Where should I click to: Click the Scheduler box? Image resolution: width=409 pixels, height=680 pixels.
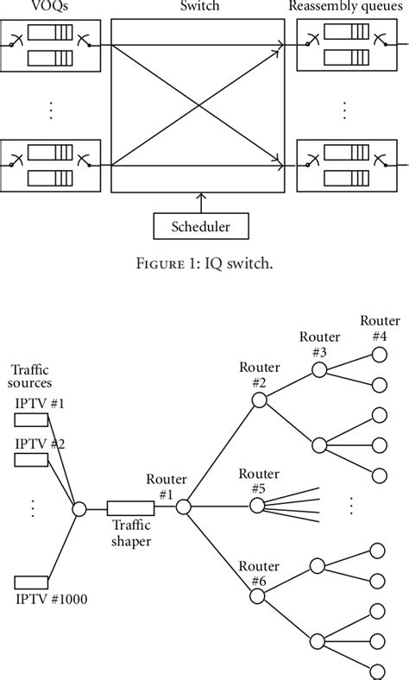tap(200, 226)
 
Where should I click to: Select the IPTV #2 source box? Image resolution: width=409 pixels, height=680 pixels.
tap(31, 459)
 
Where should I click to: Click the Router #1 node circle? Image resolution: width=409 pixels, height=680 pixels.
tap(183, 509)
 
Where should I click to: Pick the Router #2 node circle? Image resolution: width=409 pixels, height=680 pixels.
tap(259, 400)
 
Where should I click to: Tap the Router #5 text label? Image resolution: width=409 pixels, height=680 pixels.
tap(259, 481)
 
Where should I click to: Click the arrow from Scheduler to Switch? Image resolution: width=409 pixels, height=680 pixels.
tap(200, 204)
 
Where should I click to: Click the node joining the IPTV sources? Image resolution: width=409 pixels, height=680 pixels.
tap(79, 509)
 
